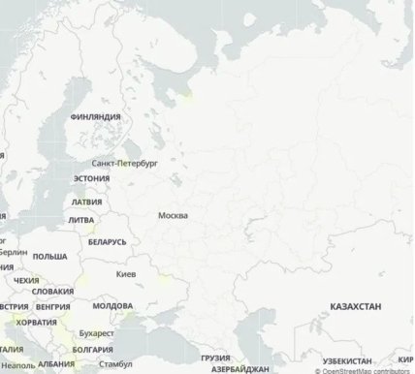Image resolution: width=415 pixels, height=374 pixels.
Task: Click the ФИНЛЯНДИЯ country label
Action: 95,116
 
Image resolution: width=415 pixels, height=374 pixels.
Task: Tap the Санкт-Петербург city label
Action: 123,164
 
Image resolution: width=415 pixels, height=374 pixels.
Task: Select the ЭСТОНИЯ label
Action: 90,179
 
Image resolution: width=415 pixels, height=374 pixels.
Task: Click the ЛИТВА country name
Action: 80,220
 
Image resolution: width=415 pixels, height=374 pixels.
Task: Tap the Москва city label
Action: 173,215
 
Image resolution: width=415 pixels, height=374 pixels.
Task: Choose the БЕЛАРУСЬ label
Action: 107,241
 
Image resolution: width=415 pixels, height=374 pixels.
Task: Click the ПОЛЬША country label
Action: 49,257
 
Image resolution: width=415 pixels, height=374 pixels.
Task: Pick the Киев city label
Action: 126,275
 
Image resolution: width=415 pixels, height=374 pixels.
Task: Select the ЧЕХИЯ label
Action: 26,279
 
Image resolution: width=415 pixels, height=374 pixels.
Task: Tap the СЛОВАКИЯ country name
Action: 52,291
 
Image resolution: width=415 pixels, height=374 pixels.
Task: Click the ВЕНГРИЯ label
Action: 52,306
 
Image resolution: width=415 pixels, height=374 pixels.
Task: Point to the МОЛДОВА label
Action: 112,305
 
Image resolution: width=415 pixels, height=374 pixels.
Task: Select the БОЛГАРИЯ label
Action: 92,349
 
